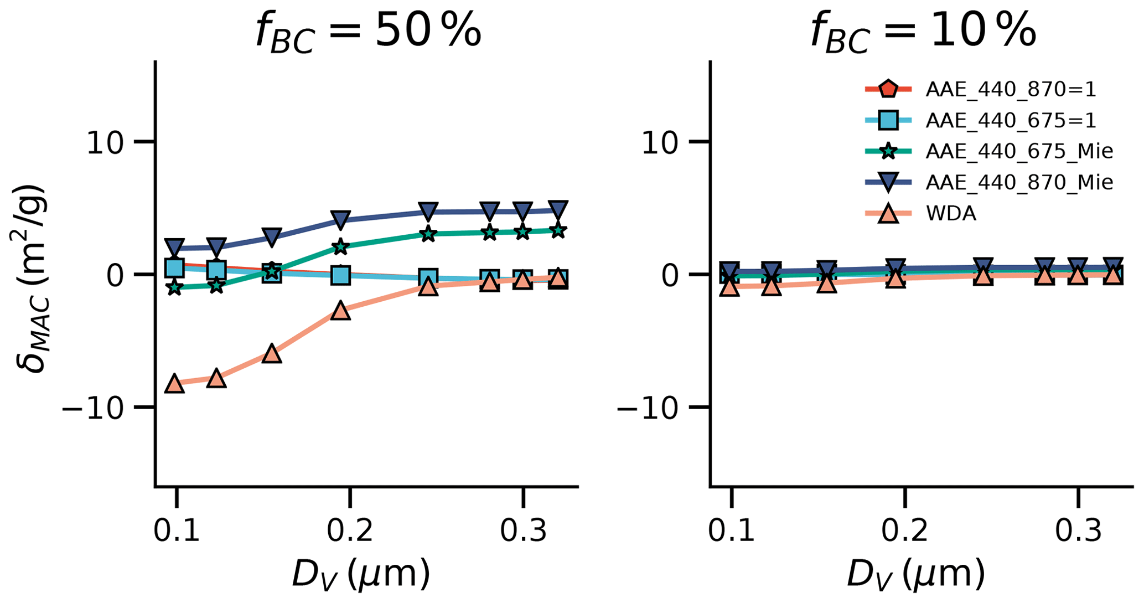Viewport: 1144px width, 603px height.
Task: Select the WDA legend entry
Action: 951,213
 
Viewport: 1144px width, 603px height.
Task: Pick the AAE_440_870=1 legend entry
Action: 1011,90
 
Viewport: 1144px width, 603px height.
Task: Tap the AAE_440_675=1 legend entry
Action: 1011,121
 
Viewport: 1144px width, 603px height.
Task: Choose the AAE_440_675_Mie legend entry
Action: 1019,151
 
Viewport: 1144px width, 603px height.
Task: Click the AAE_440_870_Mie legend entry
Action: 1019,182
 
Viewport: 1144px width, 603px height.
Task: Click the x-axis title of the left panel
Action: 361,574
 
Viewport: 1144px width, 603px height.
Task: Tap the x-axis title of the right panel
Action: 916,574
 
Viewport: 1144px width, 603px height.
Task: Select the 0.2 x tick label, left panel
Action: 349,530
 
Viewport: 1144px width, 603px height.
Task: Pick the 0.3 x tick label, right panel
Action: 1078,530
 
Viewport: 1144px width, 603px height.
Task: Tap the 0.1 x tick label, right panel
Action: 731,530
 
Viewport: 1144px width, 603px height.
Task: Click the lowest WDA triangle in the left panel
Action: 175,383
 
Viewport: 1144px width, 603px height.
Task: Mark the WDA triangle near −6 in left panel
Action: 272,353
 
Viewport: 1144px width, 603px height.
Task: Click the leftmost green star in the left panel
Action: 175,287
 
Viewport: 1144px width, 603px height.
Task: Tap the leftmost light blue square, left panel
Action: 175,268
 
